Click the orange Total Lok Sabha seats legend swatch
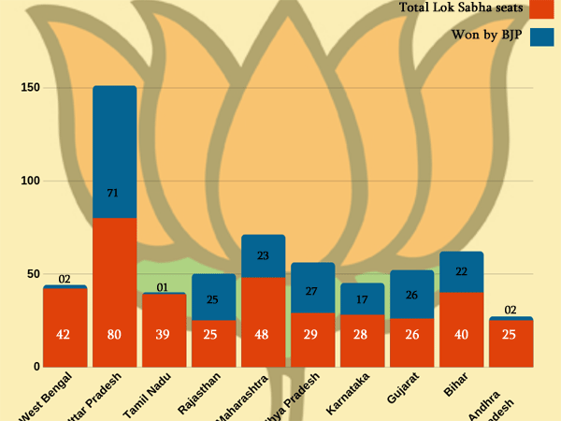pyautogui.click(x=542, y=8)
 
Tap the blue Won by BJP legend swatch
pyautogui.click(x=542, y=36)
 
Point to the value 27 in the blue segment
pyautogui.click(x=313, y=291)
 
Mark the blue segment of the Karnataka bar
pyautogui.click(x=363, y=299)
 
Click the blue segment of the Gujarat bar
pyautogui.click(x=412, y=295)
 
